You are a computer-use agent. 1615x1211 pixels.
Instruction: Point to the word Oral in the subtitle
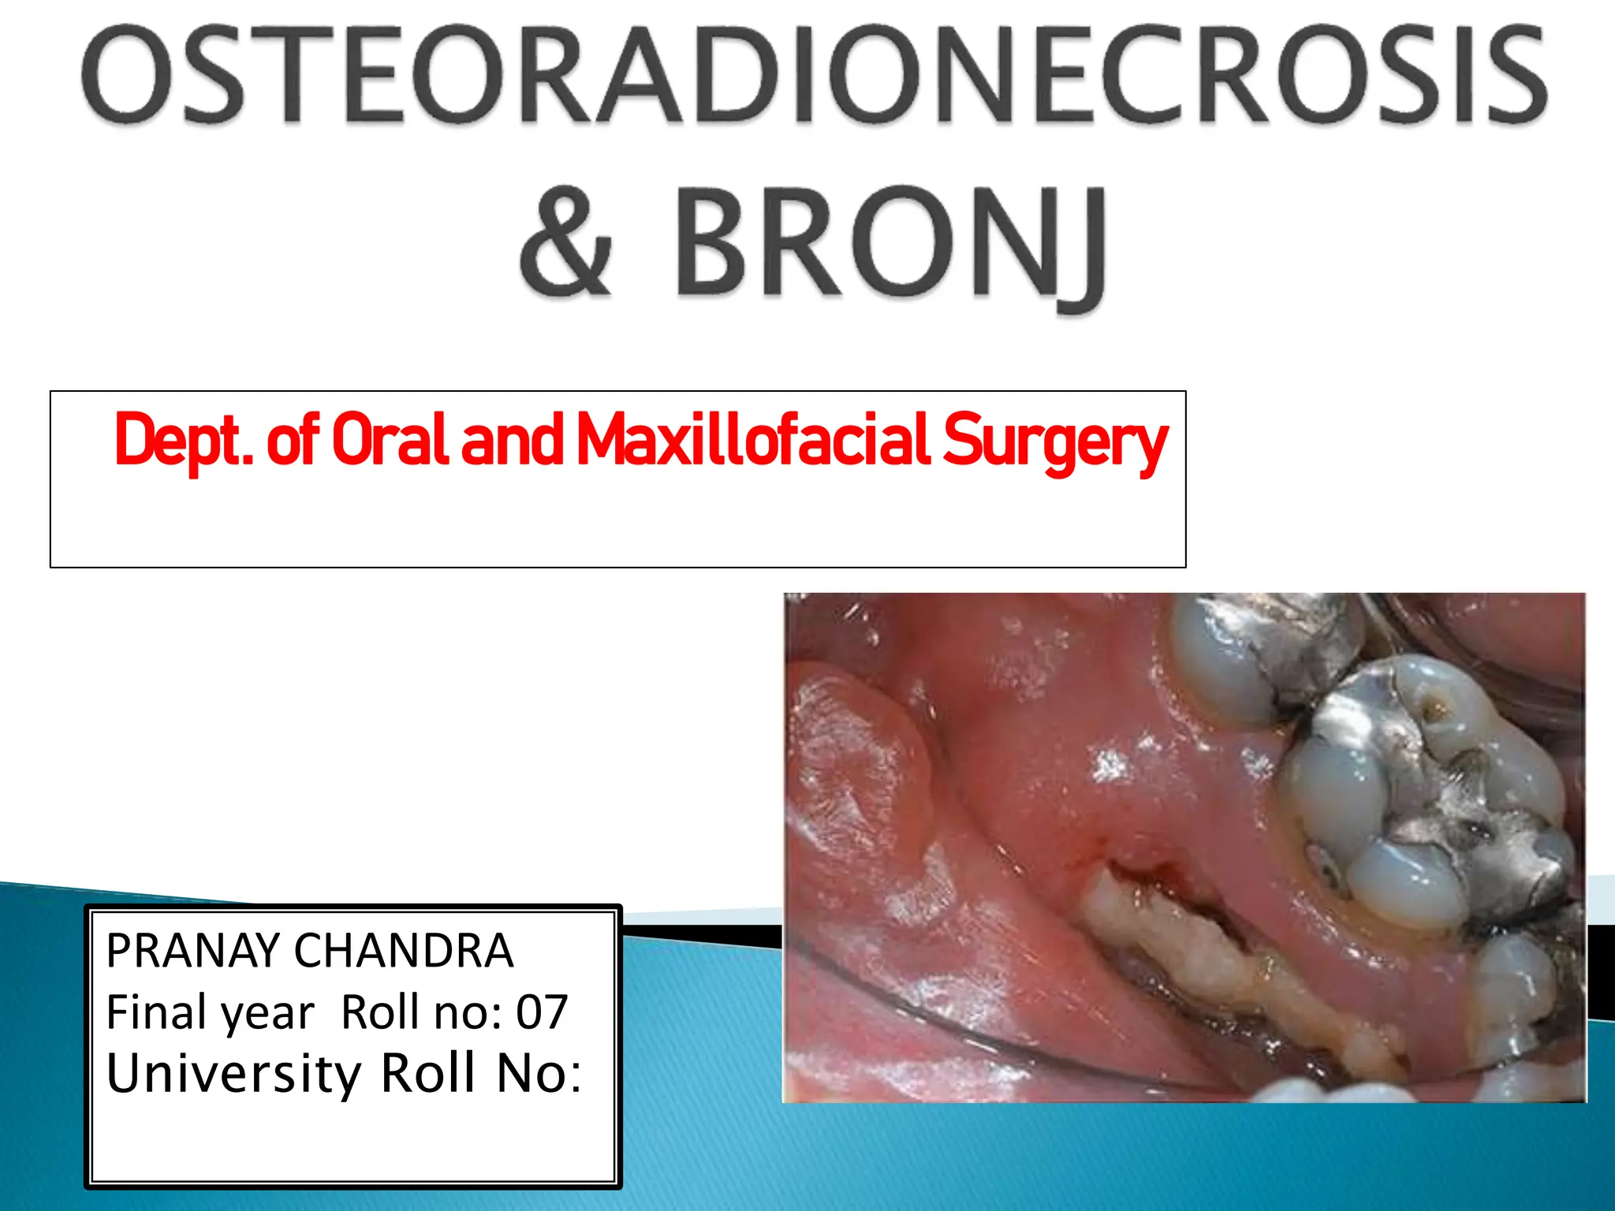coord(390,440)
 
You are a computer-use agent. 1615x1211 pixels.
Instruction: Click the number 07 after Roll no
coord(542,1012)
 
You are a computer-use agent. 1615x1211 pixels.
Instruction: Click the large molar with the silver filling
coord(1419,796)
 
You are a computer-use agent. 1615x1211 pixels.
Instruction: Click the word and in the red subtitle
coord(511,440)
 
